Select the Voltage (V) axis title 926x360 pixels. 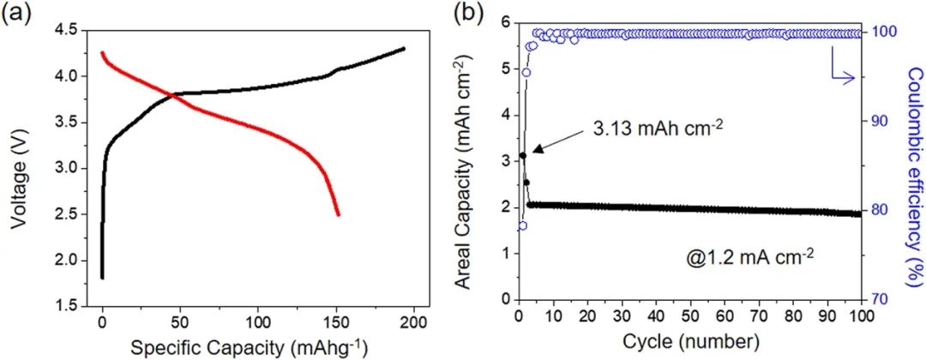pos(19,168)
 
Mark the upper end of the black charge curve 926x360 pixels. pos(404,49)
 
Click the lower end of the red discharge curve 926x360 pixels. pos(339,214)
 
